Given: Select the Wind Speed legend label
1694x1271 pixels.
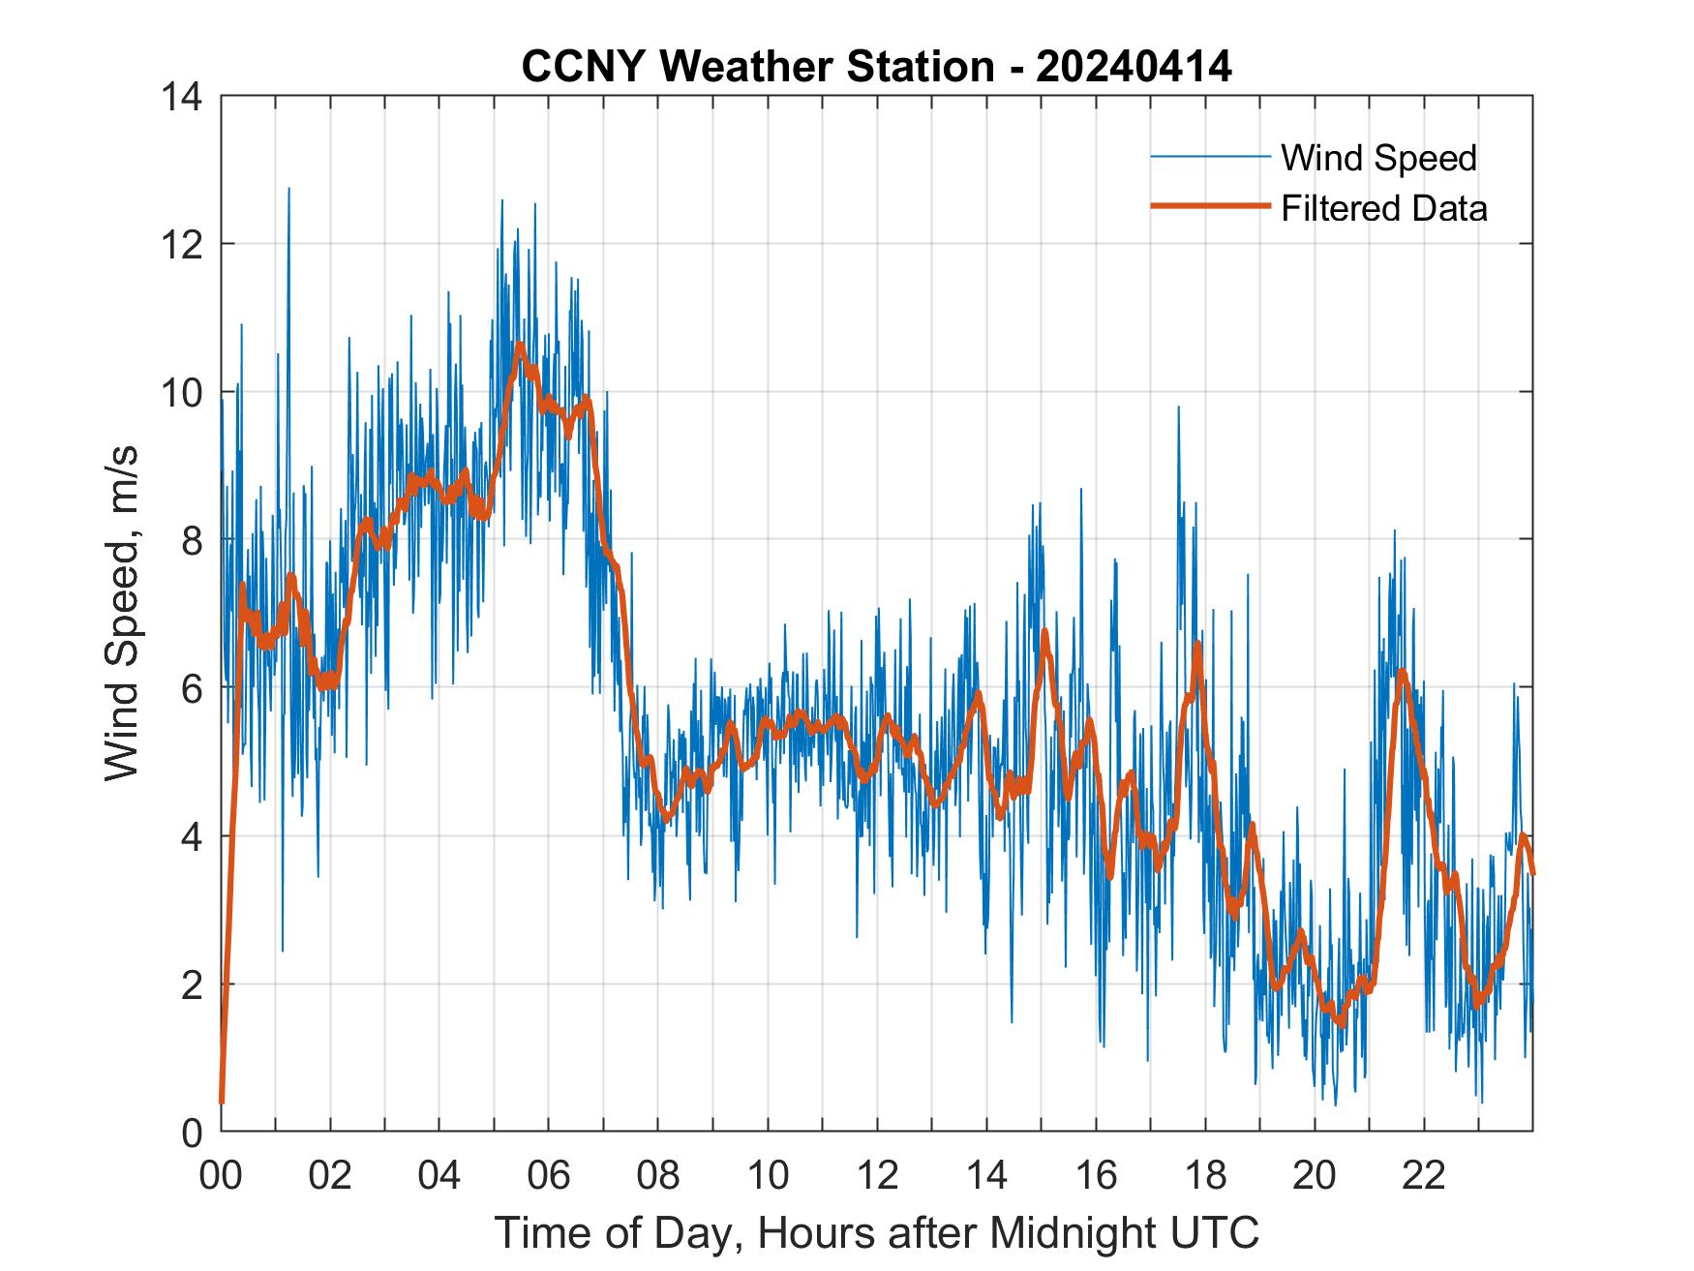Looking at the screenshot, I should click(x=1378, y=158).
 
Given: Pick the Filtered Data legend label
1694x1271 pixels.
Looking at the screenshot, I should click(x=1383, y=208).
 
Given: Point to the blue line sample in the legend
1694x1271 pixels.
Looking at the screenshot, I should click(x=1209, y=157).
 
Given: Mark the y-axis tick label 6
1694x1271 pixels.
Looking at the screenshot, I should click(x=192, y=689).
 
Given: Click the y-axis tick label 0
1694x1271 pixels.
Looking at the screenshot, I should click(x=192, y=1133).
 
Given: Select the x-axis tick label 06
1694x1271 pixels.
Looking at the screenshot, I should click(x=549, y=1176).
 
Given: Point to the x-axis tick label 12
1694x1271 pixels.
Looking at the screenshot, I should click(x=877, y=1176).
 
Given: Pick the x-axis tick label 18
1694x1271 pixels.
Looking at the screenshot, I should click(x=1205, y=1176).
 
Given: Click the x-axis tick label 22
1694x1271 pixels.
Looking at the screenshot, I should click(x=1424, y=1176).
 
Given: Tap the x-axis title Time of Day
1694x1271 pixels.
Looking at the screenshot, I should click(x=877, y=1232).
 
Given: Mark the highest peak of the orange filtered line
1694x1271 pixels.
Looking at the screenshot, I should click(x=520, y=345).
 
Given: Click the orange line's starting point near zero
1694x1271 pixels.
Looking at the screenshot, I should click(x=222, y=1102).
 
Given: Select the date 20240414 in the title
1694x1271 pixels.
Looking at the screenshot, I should click(x=1134, y=67).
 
